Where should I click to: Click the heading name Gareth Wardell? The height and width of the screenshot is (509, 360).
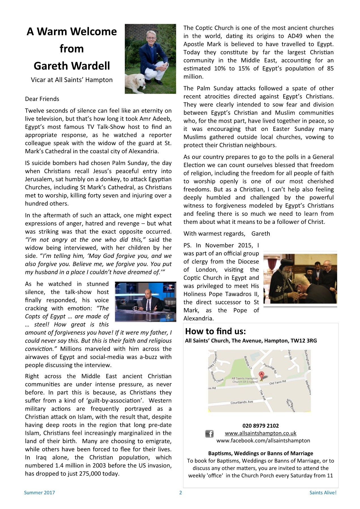[x=72, y=66]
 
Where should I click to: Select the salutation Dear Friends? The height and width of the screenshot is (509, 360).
[x=42, y=99]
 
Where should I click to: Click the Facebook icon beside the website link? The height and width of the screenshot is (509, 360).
[x=209, y=433]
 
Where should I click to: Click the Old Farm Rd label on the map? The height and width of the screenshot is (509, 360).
[x=277, y=382]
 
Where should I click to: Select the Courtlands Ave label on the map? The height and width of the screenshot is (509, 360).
[x=242, y=402]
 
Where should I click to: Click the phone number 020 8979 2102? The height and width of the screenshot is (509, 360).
[x=260, y=426]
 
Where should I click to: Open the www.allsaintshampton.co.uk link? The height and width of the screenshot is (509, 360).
[x=260, y=433]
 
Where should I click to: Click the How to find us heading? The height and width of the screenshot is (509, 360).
[x=215, y=331]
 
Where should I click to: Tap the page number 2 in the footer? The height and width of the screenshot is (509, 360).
[x=181, y=493]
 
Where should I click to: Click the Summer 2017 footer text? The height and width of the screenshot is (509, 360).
[x=39, y=493]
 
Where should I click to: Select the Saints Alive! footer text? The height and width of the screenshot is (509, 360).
[x=323, y=493]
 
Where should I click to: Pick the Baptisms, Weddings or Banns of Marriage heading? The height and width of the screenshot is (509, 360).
[x=260, y=453]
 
